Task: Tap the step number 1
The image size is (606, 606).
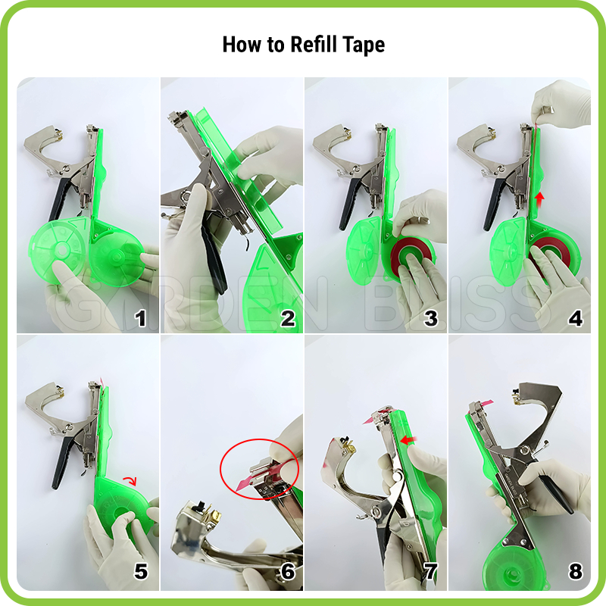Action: click(x=140, y=318)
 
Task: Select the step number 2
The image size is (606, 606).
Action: click(x=288, y=318)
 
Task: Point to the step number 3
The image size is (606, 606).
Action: click(x=431, y=318)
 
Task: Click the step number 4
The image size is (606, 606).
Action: click(x=576, y=318)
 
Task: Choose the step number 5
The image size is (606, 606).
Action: click(x=141, y=571)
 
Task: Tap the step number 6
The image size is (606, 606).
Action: click(x=288, y=571)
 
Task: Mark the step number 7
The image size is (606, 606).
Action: click(x=431, y=571)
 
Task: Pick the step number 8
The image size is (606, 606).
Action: click(x=576, y=571)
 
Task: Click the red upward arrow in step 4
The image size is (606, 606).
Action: click(x=539, y=200)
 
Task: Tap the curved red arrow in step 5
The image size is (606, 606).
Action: click(x=130, y=481)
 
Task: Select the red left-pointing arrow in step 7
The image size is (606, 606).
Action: click(x=409, y=440)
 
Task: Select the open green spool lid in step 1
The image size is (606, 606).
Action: click(x=58, y=250)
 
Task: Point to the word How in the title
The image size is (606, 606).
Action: click(x=242, y=44)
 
